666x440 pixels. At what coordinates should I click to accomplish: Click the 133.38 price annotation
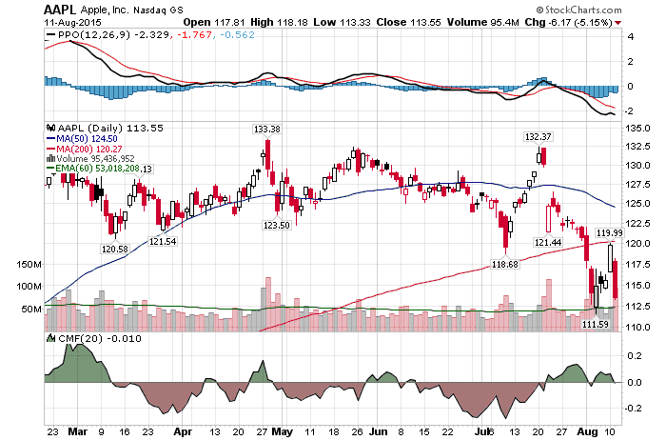click(x=266, y=129)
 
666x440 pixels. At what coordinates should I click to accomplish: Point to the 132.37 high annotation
click(x=539, y=136)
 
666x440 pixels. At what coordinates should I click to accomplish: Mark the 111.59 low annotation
click(x=596, y=324)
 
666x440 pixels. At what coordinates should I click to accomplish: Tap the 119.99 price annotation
click(x=609, y=232)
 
